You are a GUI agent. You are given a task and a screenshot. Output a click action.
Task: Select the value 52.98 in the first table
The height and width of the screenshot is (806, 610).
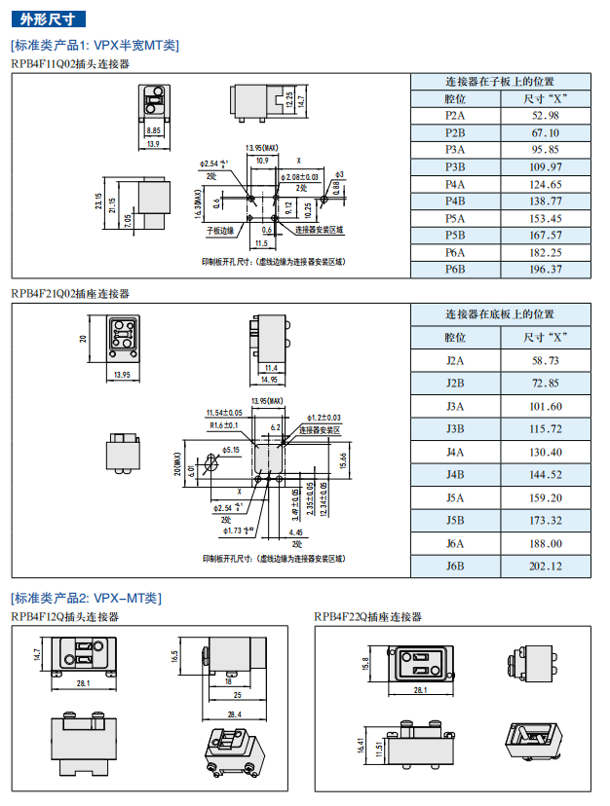point(545,116)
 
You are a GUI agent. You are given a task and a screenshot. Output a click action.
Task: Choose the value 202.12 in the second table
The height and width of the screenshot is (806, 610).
point(545,567)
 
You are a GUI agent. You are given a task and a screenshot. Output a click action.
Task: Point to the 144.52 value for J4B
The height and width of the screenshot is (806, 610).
point(545,475)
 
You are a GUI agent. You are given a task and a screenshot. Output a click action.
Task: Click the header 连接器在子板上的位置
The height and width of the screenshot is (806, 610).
point(500,82)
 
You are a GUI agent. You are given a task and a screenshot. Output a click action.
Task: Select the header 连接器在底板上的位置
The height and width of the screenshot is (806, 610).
point(500,314)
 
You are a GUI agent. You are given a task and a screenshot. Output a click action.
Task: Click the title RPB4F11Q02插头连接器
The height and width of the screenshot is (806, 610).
point(70,63)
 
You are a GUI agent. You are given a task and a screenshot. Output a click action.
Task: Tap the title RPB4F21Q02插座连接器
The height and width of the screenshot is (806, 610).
point(70,293)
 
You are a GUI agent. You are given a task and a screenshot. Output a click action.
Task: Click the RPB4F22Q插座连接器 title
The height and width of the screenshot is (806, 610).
point(368,616)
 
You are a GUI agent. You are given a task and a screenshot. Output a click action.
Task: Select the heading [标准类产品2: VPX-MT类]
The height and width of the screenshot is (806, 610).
point(86,598)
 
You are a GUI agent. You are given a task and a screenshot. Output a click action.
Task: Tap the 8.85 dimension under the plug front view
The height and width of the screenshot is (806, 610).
point(153,129)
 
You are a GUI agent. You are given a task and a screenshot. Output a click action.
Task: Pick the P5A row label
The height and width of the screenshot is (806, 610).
point(455,218)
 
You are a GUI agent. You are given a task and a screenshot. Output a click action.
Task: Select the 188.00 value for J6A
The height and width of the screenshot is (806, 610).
point(545,543)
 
